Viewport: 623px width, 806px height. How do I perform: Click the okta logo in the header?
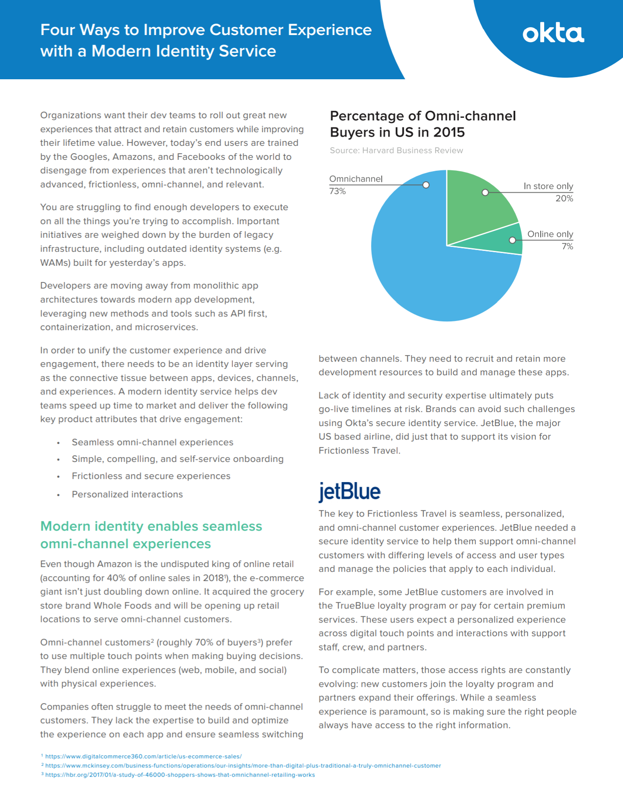tap(553, 34)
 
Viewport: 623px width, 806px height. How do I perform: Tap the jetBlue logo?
tap(349, 491)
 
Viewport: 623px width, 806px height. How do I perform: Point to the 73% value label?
tap(338, 191)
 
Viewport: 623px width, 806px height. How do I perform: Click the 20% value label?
tap(564, 198)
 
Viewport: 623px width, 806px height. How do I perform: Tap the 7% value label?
tap(567, 246)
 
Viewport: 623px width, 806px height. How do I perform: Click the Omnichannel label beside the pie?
tap(355, 179)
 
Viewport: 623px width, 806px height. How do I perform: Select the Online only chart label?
tap(550, 234)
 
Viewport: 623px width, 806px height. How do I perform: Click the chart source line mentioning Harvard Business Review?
tap(396, 151)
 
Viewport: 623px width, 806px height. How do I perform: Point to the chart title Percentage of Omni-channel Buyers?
tap(422, 124)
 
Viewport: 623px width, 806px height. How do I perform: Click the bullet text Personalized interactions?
tap(127, 494)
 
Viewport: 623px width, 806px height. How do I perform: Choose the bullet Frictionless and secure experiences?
tap(151, 476)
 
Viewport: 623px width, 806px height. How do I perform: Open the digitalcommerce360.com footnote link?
tap(143, 756)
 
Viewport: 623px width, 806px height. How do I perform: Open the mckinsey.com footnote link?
tap(243, 766)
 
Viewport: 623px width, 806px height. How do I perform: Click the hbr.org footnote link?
tap(180, 775)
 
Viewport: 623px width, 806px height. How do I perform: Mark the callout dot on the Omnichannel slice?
tap(426, 185)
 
